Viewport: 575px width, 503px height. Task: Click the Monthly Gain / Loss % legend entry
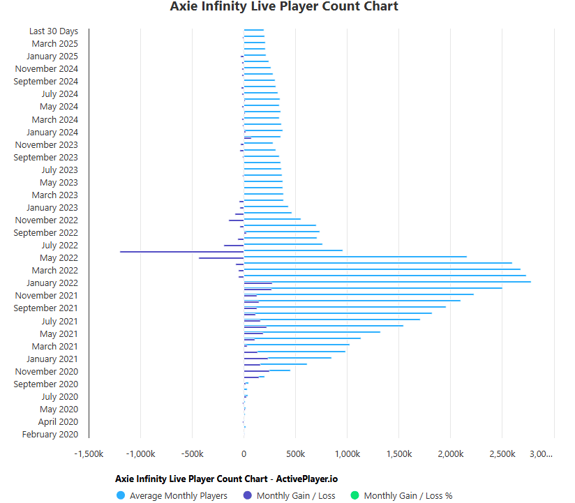coord(408,496)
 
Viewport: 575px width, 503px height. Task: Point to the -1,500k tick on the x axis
coord(89,454)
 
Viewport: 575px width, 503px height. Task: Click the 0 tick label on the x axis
coord(244,454)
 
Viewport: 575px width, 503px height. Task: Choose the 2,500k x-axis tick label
coord(502,454)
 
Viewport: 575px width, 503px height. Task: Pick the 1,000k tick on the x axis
coord(348,454)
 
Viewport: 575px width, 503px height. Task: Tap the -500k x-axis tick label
coord(192,454)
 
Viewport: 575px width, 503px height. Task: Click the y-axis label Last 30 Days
coord(53,31)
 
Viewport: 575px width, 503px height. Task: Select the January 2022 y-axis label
coord(52,283)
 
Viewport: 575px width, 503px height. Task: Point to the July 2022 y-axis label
coord(59,246)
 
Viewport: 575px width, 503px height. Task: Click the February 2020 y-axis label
coord(50,435)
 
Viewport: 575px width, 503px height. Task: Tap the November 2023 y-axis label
coord(47,145)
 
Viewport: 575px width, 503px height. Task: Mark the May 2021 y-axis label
coord(59,333)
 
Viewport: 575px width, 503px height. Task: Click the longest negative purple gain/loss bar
coord(181,251)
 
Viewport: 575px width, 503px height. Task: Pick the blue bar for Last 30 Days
coord(253,30)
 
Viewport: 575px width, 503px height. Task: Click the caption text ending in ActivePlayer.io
coord(226,479)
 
